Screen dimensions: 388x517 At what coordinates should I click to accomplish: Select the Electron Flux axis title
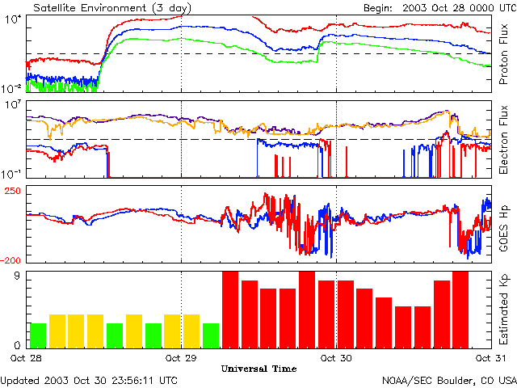tap(504, 137)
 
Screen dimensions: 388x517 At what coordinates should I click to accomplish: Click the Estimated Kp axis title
tap(504, 310)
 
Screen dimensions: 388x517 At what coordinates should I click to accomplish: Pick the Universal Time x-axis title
tap(258, 369)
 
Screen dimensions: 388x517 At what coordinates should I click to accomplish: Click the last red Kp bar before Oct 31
tap(460, 310)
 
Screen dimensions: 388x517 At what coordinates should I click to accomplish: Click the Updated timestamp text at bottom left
tap(89, 380)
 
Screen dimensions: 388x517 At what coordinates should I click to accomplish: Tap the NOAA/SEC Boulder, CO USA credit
tap(449, 380)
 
